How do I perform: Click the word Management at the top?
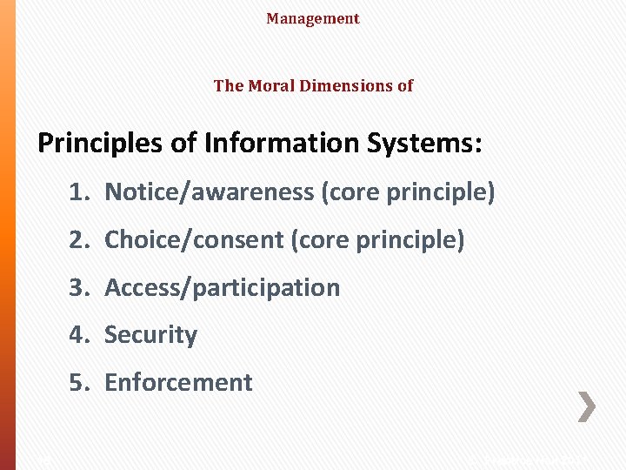[x=313, y=18]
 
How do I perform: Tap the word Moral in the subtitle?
[x=270, y=85]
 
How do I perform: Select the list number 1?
[x=79, y=192]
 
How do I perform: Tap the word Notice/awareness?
[x=210, y=192]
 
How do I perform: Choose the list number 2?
[x=79, y=239]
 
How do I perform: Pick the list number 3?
[x=79, y=287]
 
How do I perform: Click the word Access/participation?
[x=223, y=287]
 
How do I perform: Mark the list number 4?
[x=79, y=334]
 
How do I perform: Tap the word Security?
[x=151, y=334]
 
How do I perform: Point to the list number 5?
[x=79, y=382]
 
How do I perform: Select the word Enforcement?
[x=179, y=382]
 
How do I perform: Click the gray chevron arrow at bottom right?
[x=587, y=406]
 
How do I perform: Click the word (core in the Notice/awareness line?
[x=349, y=192]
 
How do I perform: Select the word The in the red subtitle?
[x=229, y=85]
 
